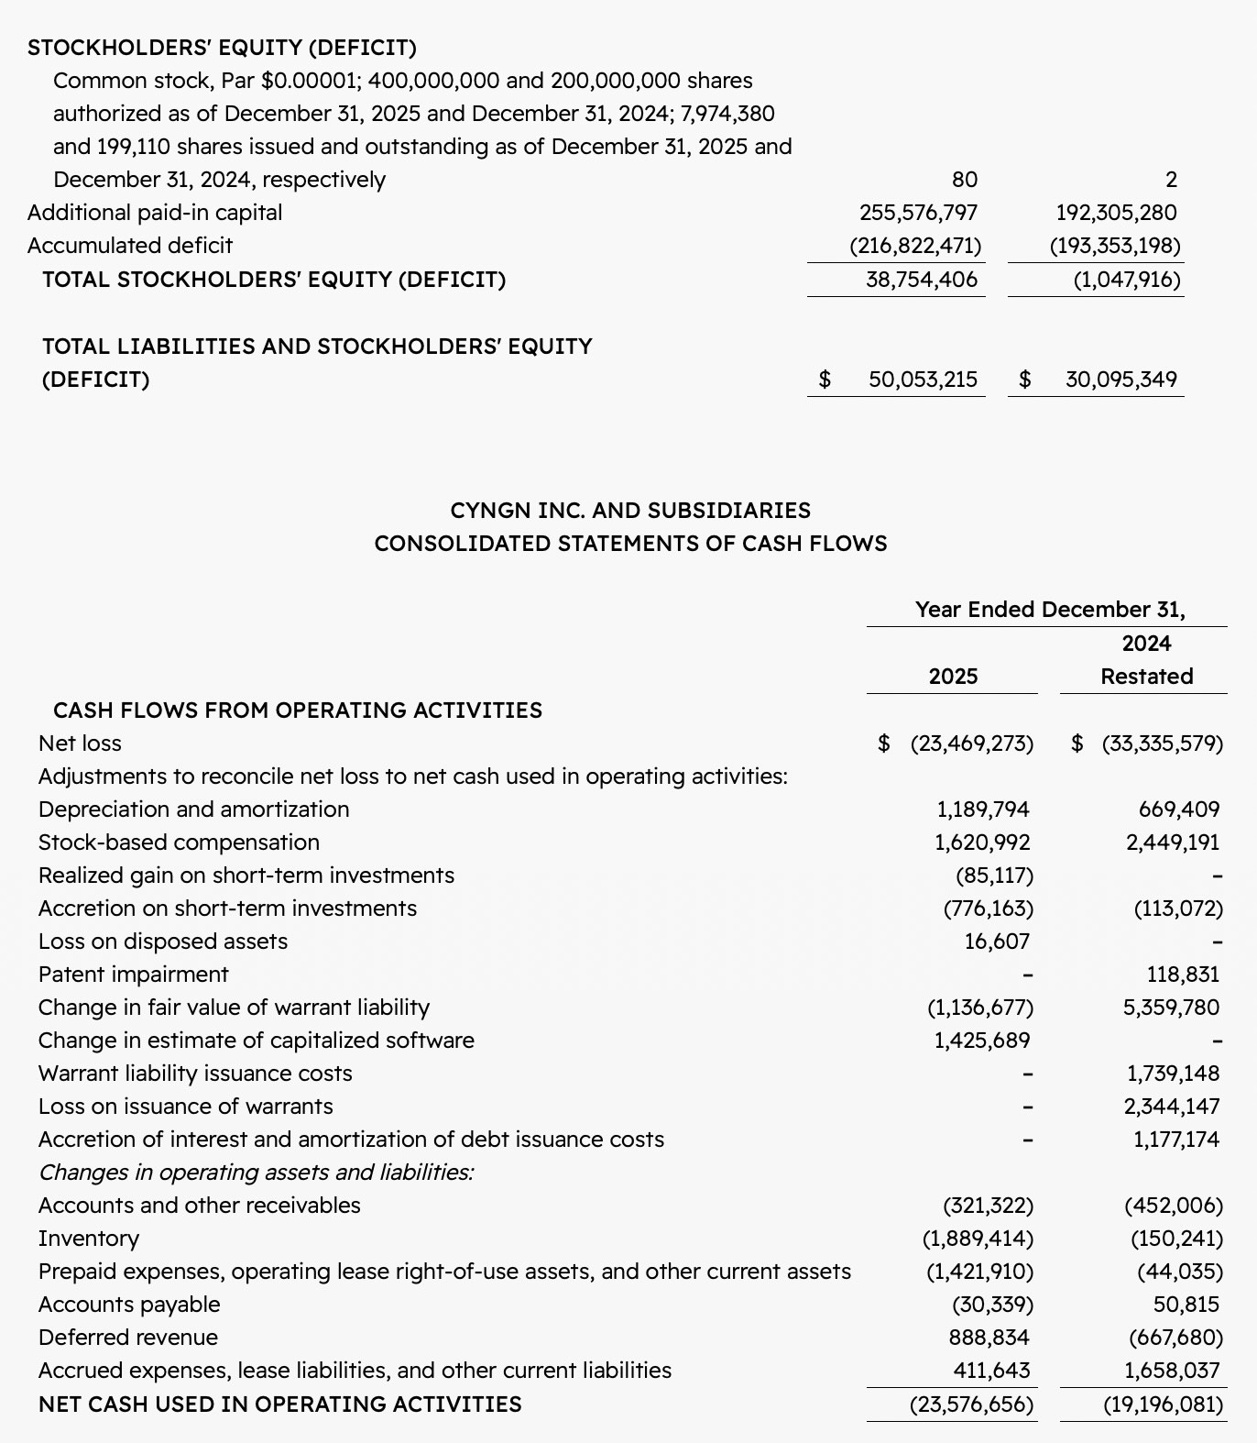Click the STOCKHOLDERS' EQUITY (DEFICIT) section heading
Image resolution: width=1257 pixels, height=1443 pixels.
point(222,48)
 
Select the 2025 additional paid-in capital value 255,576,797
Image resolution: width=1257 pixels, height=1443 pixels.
point(918,213)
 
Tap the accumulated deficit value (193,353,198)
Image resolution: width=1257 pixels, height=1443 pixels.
point(1115,246)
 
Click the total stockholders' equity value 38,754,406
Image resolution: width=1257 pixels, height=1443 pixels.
point(922,280)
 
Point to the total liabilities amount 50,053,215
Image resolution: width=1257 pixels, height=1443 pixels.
point(923,380)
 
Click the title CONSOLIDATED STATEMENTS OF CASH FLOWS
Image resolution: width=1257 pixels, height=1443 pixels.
point(630,544)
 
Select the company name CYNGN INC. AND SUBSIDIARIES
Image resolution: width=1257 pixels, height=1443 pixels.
point(630,511)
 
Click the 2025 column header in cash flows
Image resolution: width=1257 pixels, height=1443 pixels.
point(953,677)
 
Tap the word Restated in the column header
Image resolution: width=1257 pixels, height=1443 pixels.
point(1146,677)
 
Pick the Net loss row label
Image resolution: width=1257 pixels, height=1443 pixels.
point(80,744)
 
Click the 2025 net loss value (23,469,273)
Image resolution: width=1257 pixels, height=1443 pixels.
point(971,744)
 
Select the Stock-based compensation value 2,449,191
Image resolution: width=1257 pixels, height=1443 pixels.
point(1173,843)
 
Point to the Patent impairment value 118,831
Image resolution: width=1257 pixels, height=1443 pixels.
point(1183,975)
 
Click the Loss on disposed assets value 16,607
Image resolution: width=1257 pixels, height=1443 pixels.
point(997,942)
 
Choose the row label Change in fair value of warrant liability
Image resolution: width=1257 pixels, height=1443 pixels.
point(234,1008)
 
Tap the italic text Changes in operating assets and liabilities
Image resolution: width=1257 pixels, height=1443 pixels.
point(257,1173)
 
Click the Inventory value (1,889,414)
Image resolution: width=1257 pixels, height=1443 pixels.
point(978,1239)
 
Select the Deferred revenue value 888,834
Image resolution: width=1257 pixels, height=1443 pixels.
point(989,1338)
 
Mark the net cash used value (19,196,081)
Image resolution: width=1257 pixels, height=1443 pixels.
point(1164,1404)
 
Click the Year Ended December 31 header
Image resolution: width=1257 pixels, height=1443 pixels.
point(1050,610)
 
